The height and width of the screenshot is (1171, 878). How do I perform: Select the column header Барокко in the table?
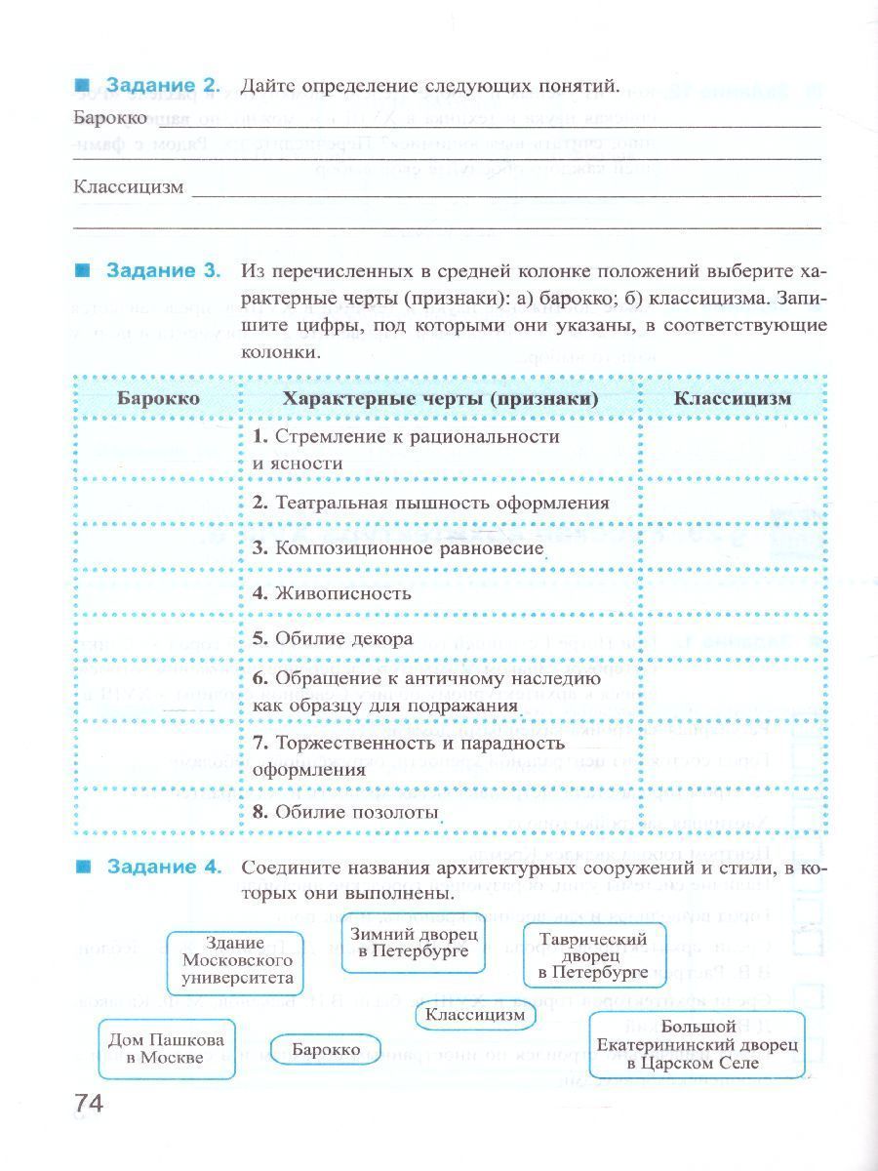point(158,398)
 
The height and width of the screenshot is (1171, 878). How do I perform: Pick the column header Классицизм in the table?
point(733,398)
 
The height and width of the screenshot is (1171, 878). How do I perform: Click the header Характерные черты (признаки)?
point(440,398)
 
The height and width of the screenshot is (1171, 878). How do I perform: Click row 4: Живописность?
point(332,593)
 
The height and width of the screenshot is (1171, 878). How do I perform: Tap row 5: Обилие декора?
point(333,639)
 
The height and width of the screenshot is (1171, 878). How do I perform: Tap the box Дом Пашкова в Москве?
point(167,1049)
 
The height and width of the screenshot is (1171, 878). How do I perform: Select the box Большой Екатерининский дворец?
point(697,1044)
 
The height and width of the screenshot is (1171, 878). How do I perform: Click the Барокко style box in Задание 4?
point(326,1050)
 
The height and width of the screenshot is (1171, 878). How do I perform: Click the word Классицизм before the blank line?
point(128,187)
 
